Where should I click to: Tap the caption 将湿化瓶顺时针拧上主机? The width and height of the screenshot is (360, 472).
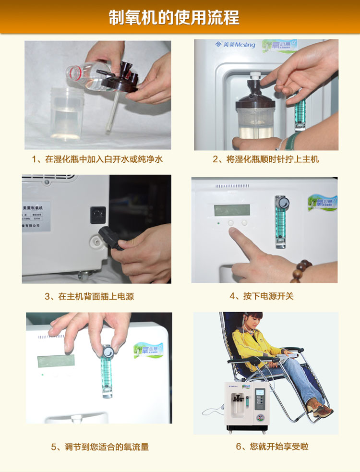coord(265,159)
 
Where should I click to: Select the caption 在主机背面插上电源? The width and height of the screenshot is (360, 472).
coord(89,297)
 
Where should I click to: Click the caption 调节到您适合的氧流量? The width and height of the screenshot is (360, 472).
coord(100,447)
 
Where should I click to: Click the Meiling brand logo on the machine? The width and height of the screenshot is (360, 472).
coord(235,45)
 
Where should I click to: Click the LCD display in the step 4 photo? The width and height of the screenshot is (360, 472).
coord(232,210)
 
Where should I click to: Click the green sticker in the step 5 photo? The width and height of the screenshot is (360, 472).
coord(148,350)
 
